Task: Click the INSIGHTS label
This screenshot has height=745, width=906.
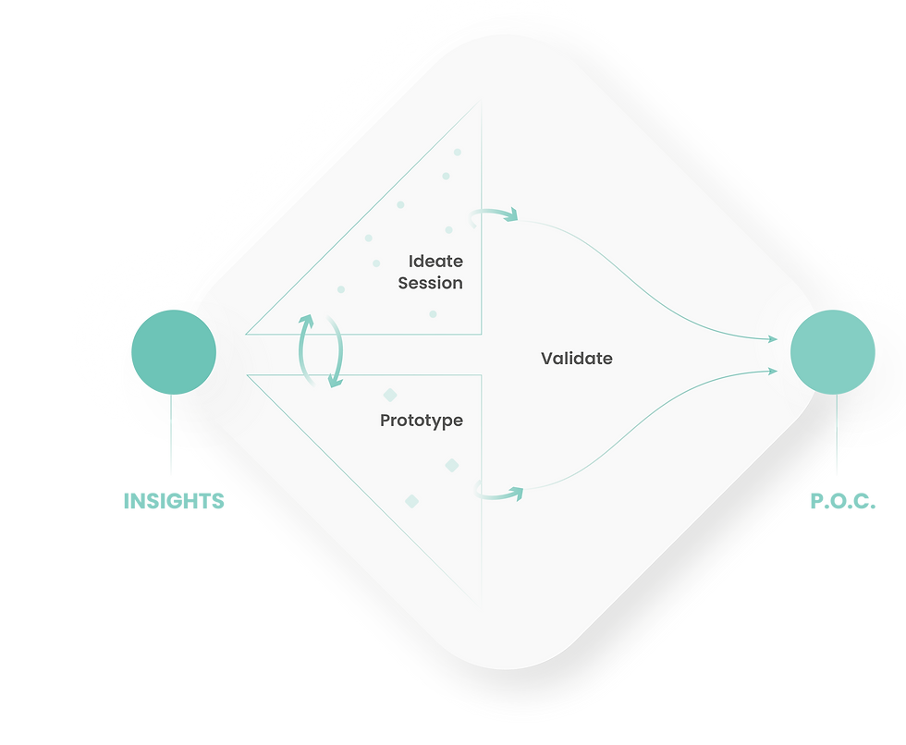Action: [x=174, y=501]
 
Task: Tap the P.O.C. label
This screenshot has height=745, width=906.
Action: [x=843, y=501]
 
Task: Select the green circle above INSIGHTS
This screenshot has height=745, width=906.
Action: [x=174, y=352]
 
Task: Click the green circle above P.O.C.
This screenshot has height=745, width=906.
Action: [x=833, y=352]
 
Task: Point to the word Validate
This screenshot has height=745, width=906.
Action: [x=577, y=358]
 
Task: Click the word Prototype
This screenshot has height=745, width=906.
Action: [x=422, y=421]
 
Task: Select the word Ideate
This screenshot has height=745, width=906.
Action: [x=435, y=261]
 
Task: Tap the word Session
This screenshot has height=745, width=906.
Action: [x=431, y=283]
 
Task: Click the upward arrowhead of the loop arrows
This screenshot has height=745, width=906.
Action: [x=306, y=321]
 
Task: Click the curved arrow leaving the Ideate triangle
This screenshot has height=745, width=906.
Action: [x=493, y=214]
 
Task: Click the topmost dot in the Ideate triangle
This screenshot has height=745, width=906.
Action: [x=457, y=153]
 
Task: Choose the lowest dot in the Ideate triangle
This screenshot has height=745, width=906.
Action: [x=433, y=314]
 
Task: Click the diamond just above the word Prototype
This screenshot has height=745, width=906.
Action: [x=390, y=395]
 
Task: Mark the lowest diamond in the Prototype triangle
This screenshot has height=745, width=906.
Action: [x=412, y=501]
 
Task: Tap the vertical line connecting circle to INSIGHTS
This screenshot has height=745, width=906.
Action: [x=171, y=434]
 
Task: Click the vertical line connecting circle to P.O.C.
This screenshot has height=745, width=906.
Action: [x=837, y=434]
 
